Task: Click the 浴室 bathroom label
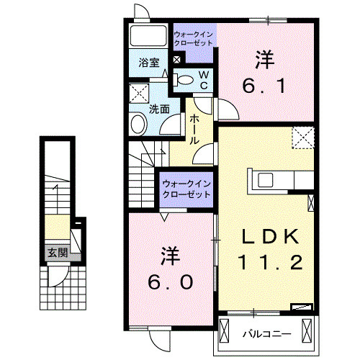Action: pos(150,63)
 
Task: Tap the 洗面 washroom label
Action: pos(159,109)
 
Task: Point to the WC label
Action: pos(204,79)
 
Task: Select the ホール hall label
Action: pos(194,131)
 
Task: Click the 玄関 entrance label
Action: pos(58,253)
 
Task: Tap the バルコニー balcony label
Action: pos(261,335)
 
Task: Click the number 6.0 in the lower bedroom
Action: pos(171,283)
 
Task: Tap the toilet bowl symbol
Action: pos(184,79)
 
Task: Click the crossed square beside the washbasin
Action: pos(138,92)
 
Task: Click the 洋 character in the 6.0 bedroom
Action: pos(171,256)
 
